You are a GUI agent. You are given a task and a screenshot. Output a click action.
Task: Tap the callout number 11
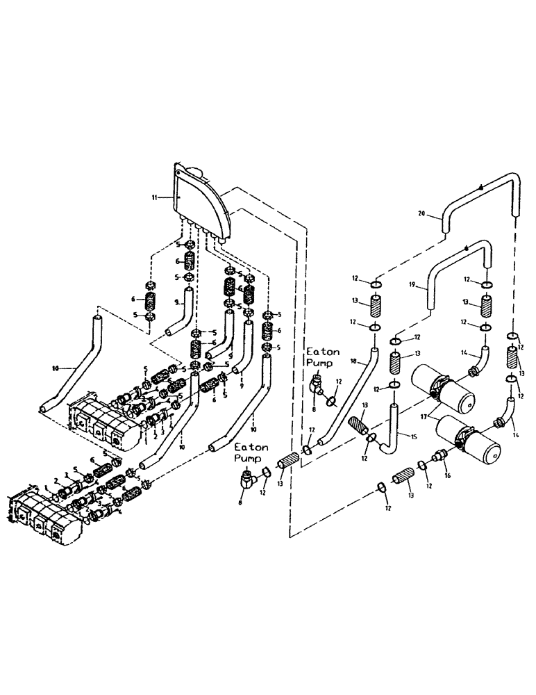click(161, 198)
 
